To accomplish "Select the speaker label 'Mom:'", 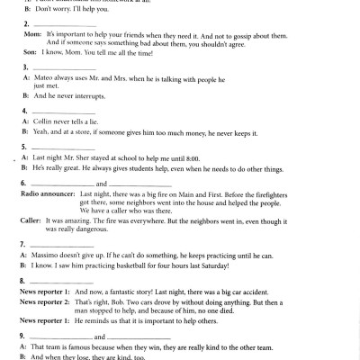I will pyautogui.click(x=30, y=31).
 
